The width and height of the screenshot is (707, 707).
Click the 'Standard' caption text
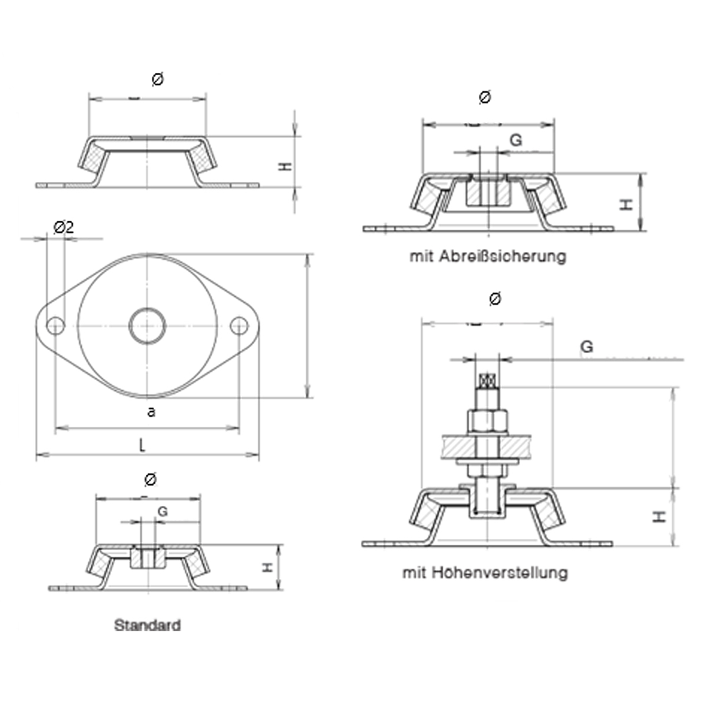pyautogui.click(x=147, y=625)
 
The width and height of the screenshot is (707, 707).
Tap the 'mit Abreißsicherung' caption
pyautogui.click(x=488, y=256)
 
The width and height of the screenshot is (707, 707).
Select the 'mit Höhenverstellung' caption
pyautogui.click(x=485, y=572)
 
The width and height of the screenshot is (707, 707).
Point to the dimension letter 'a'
pyautogui.click(x=151, y=412)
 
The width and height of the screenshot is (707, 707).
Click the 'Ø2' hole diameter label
pyautogui.click(x=64, y=227)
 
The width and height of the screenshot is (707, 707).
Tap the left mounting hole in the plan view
pyautogui.click(x=56, y=325)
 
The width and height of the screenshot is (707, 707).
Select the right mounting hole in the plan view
pyautogui.click(x=239, y=325)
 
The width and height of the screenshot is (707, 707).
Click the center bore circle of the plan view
pyautogui.click(x=147, y=325)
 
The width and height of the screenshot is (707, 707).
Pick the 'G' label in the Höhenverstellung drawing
pyautogui.click(x=586, y=348)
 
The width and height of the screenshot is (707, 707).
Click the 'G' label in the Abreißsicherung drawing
pyautogui.click(x=516, y=140)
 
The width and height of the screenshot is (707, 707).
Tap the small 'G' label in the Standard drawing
pyautogui.click(x=163, y=511)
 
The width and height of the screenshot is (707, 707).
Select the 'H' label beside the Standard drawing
pyautogui.click(x=267, y=567)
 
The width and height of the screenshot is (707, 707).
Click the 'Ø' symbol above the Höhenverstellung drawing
pyautogui.click(x=495, y=299)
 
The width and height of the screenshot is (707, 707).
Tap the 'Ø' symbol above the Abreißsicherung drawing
pyautogui.click(x=485, y=98)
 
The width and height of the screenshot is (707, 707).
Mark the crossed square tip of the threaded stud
pyautogui.click(x=487, y=381)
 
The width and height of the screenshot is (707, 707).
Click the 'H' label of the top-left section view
pyautogui.click(x=285, y=167)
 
